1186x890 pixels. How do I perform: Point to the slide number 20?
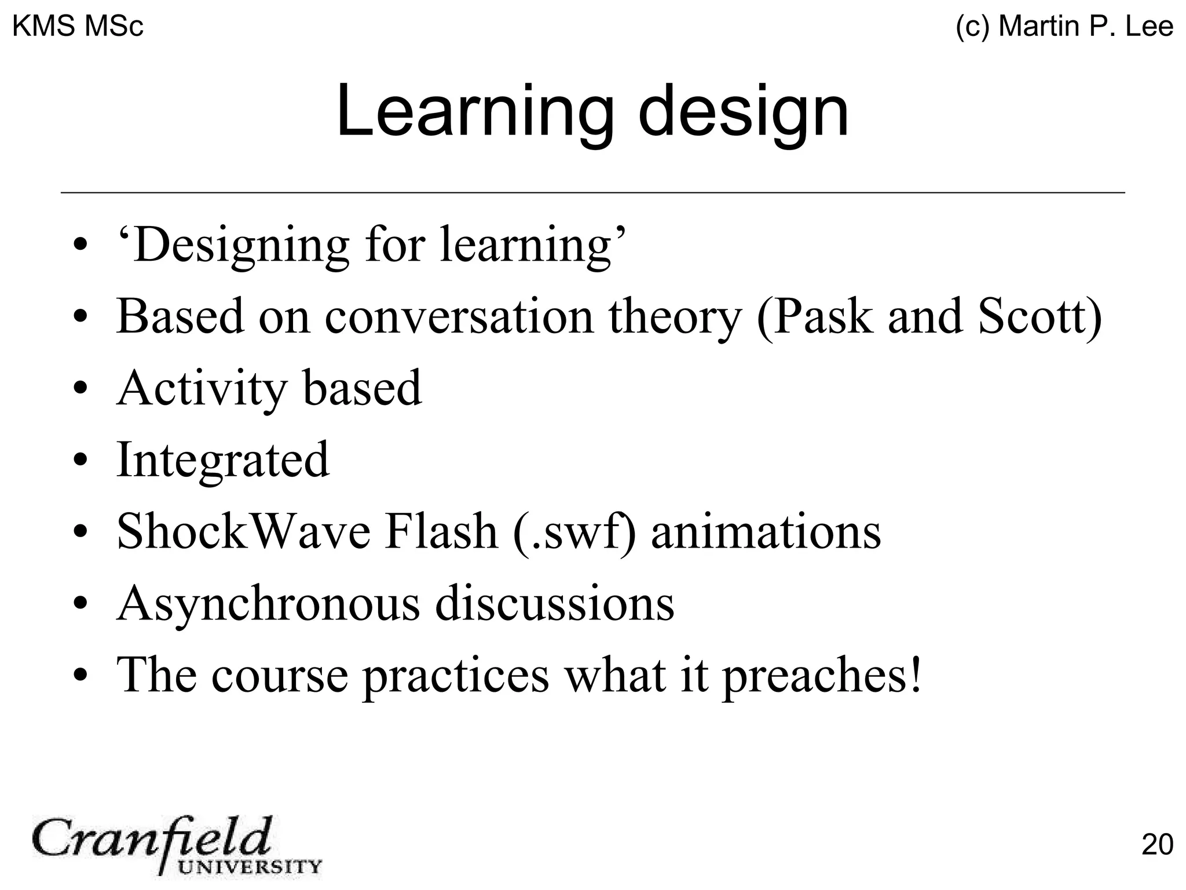pos(1156,844)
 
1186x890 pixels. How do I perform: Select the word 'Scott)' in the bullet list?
pos(1039,316)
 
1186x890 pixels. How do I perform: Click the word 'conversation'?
pos(459,318)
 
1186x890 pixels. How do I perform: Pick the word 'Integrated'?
pos(223,460)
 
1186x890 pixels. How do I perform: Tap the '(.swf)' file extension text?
pos(574,532)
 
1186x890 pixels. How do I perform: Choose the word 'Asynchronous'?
pos(268,604)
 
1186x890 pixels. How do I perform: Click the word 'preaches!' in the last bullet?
pos(821,676)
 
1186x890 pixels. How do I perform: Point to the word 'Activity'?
pos(202,389)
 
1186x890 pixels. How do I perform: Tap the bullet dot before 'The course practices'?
pos(80,676)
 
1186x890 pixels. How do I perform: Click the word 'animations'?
pos(766,531)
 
